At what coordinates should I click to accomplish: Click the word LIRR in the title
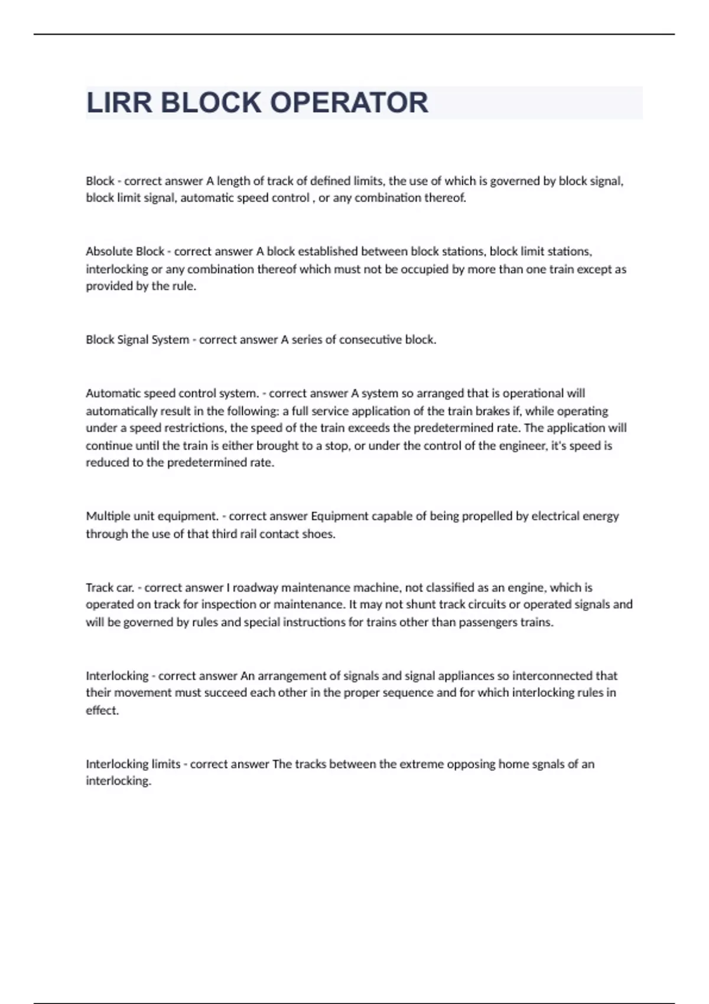point(119,103)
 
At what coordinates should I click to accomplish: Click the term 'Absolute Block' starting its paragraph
point(125,252)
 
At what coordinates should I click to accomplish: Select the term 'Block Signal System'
point(137,340)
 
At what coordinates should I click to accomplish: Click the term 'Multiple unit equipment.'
point(152,516)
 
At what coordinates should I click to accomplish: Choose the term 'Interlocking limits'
point(133,764)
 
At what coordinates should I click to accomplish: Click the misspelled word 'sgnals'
point(544,764)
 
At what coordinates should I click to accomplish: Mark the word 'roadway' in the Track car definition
point(255,588)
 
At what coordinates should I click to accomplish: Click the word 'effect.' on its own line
point(102,710)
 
